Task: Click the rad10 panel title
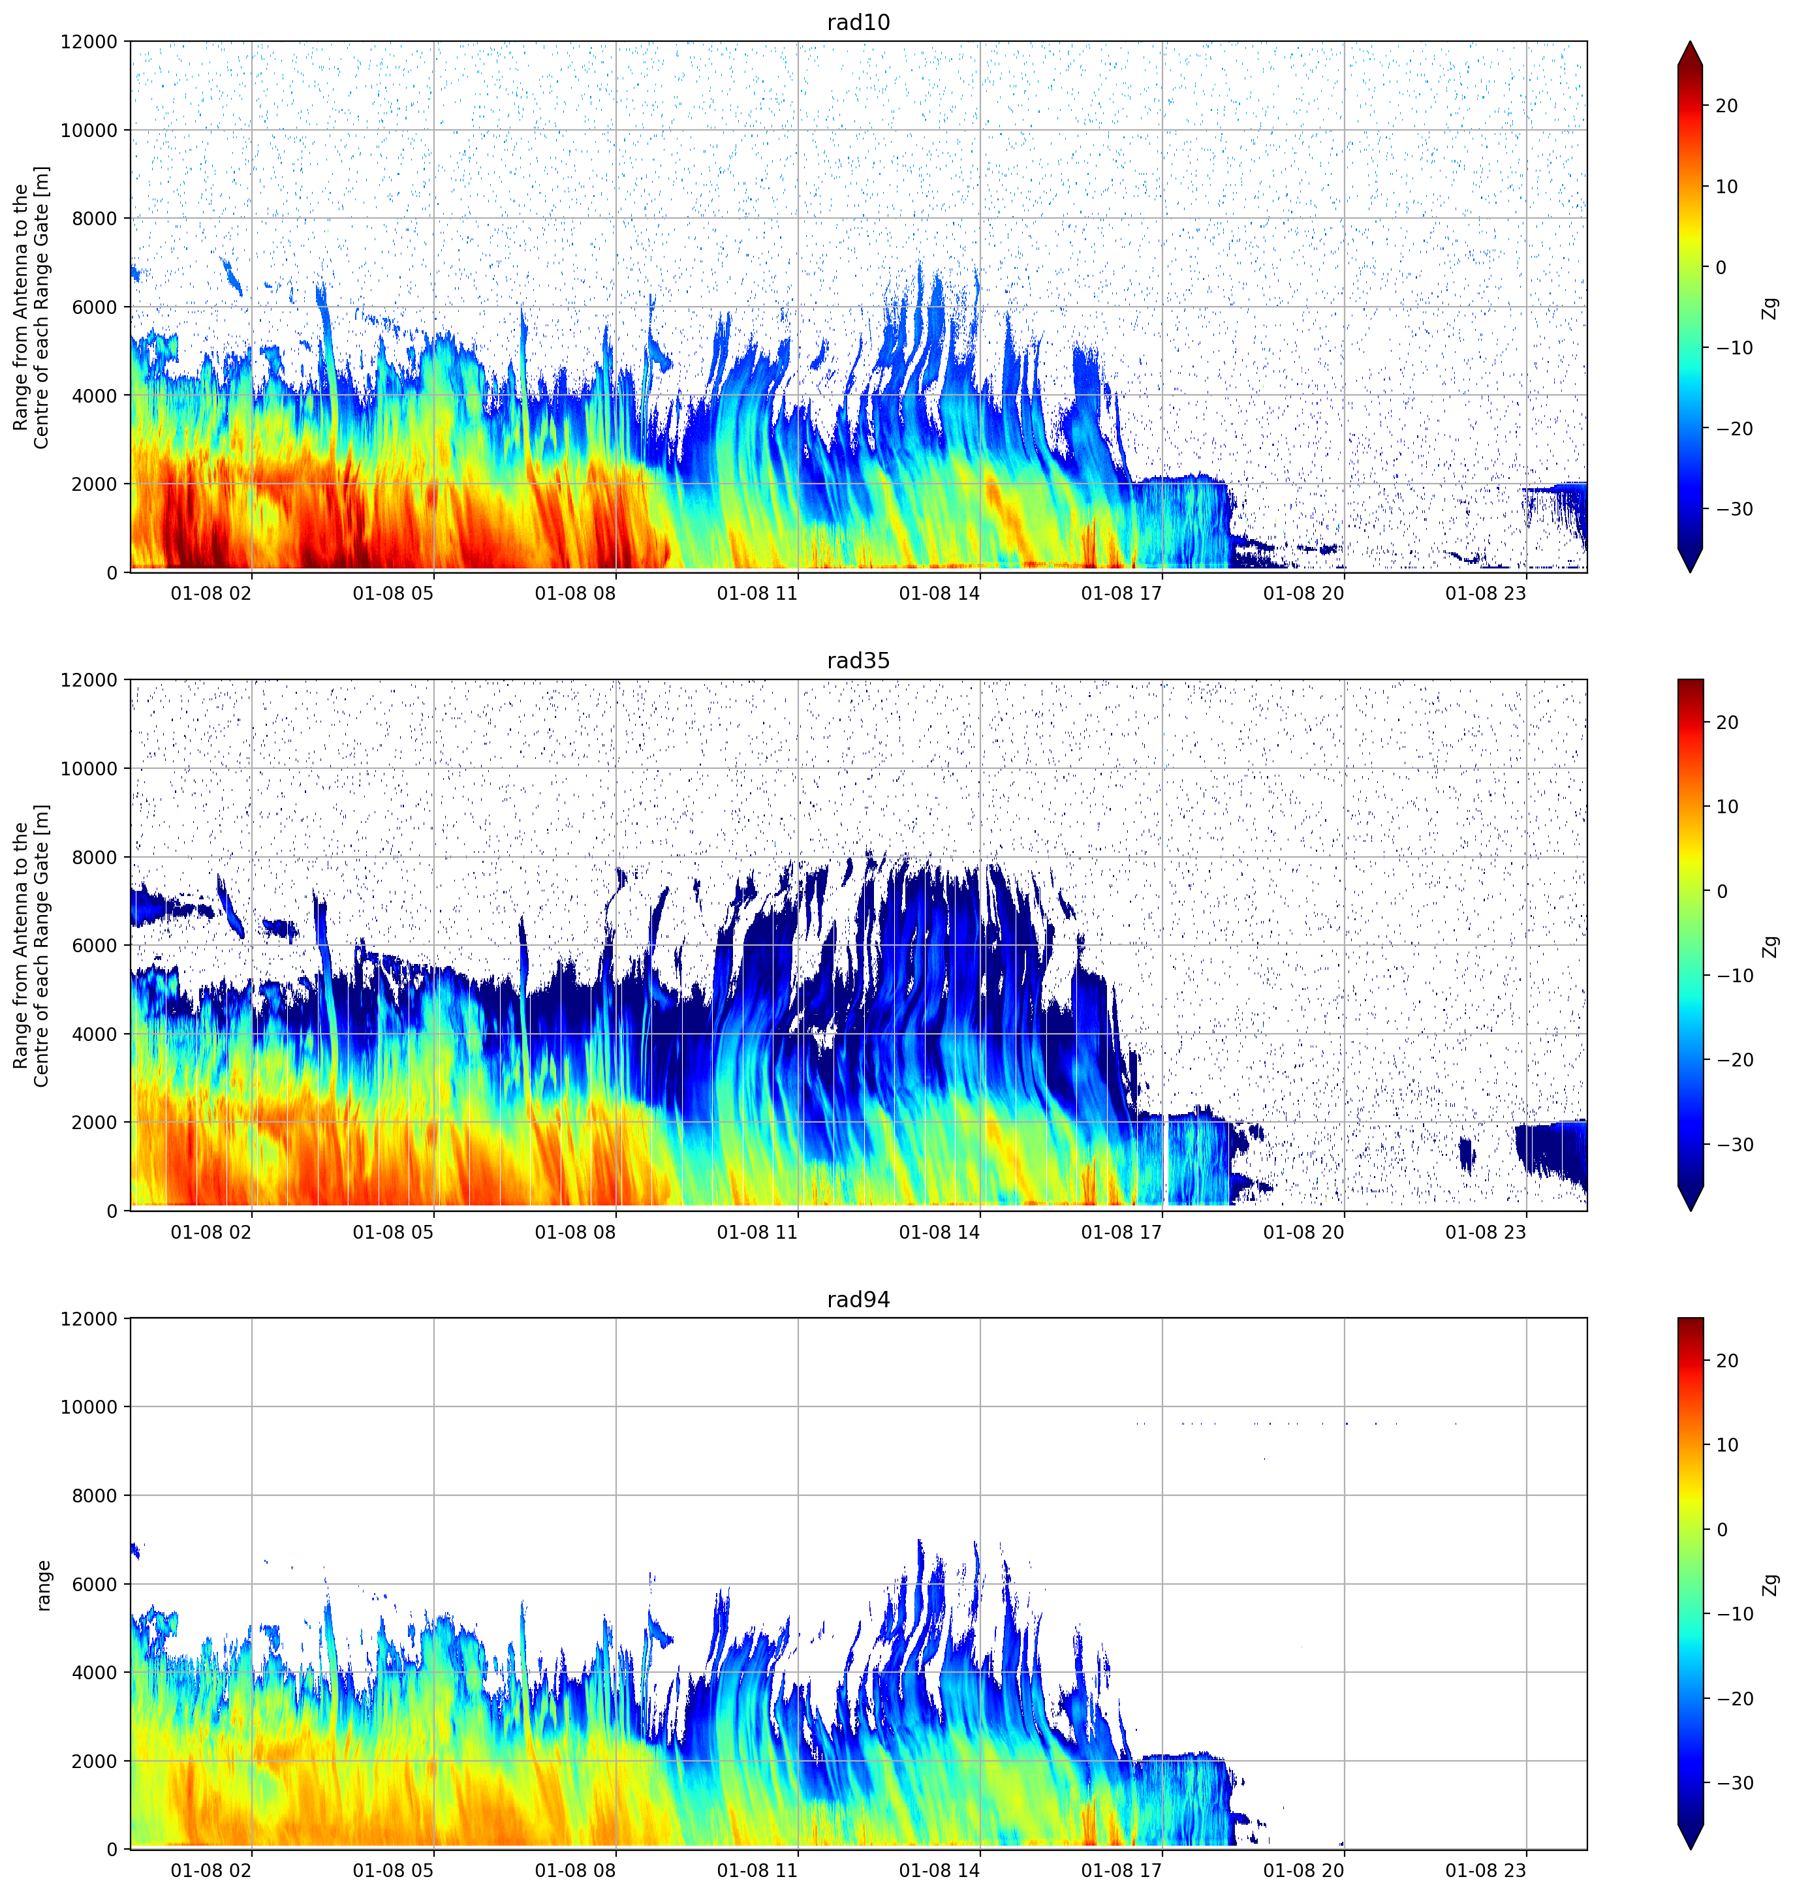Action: tap(858, 22)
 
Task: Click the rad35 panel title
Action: tap(858, 660)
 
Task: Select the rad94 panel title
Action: tap(858, 1299)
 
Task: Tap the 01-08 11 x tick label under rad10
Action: tap(757, 593)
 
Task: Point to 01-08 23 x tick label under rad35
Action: tap(1486, 1232)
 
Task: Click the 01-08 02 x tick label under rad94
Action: tap(211, 1870)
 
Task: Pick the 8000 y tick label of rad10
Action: tap(95, 219)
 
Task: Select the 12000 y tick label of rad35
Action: tap(89, 680)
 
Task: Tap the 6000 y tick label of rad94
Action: tap(95, 1585)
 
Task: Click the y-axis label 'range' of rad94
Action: tap(43, 1585)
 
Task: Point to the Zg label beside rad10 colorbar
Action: tap(1771, 307)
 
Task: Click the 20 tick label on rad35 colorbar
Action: tap(1727, 722)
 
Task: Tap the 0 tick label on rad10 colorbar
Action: tap(1721, 268)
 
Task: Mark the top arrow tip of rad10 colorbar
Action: tap(1690, 42)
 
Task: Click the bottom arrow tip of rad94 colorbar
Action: tap(1690, 1849)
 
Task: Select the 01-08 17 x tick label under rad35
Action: tap(1121, 1232)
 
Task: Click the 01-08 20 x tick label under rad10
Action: tap(1303, 593)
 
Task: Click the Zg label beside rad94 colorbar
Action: tap(1771, 1585)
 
